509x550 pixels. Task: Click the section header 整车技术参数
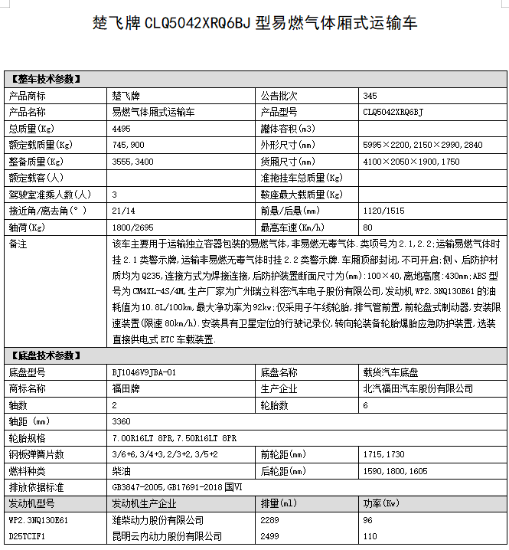(x=45, y=79)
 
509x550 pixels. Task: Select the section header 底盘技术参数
(x=45, y=355)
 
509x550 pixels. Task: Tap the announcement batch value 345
(x=370, y=96)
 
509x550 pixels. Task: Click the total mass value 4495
(x=121, y=128)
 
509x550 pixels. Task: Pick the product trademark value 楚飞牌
(x=126, y=96)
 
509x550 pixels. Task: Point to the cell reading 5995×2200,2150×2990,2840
(x=423, y=145)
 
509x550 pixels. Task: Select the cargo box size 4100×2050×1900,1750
(x=411, y=162)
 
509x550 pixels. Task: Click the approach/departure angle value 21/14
(x=122, y=211)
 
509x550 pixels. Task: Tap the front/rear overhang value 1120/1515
(x=383, y=211)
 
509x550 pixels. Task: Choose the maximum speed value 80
(x=367, y=228)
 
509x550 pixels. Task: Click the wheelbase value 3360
(x=121, y=421)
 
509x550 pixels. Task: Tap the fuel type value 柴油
(x=121, y=470)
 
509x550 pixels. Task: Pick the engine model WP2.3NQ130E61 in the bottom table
(x=38, y=520)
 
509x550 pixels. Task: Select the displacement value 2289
(x=271, y=520)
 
